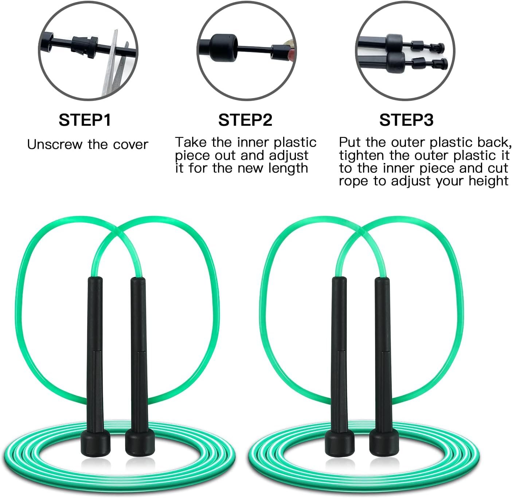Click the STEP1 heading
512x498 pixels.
pos(85,120)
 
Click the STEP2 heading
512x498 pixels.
pos(245,120)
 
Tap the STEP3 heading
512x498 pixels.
pos(406,120)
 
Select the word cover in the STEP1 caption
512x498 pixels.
pos(130,145)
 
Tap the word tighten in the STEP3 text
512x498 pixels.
pos(361,156)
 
